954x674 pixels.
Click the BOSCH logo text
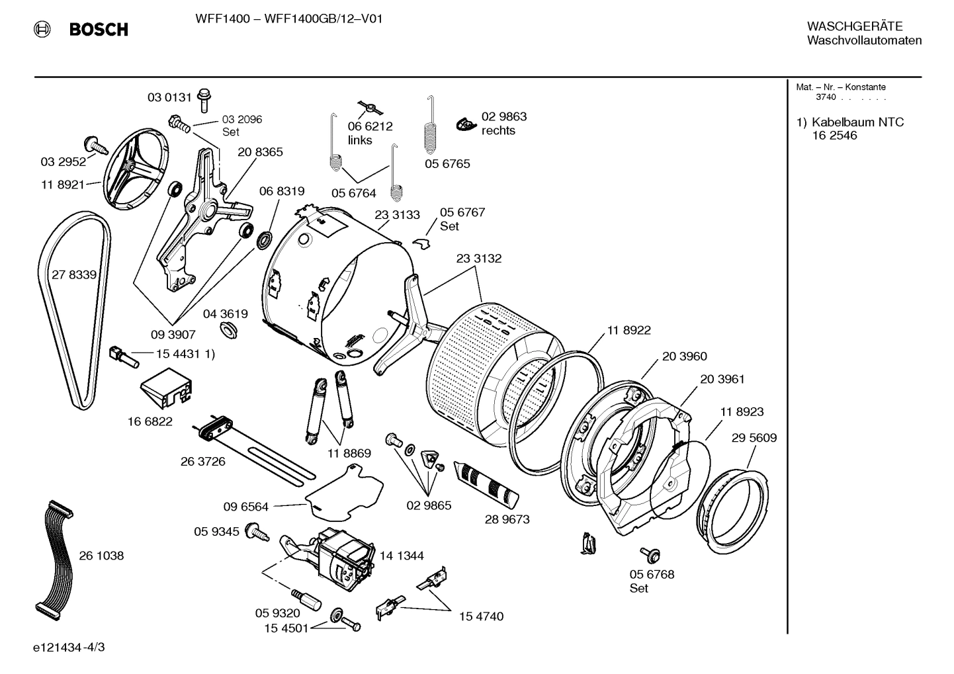pos(98,29)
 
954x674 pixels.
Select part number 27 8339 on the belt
pos(73,274)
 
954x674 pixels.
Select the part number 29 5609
pos(754,438)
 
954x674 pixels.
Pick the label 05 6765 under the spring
pos(447,164)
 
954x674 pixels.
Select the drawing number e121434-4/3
pos(69,647)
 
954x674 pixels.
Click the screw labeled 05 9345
pos(256,531)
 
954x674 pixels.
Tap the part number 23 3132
pos(478,259)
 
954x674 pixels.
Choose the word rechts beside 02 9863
pos(498,131)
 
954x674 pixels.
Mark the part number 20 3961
pos(722,379)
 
